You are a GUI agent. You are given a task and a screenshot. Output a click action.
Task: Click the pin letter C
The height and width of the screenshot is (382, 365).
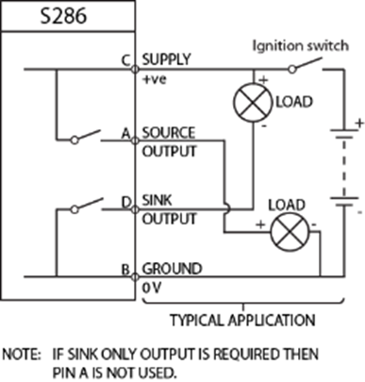coord(126,61)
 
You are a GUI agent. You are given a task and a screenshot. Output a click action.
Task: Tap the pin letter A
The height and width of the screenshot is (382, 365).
coord(126,135)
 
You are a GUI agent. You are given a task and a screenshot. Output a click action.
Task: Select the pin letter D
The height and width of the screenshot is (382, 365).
coord(126,201)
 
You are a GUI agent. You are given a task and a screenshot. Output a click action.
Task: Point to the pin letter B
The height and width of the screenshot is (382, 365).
coord(126,270)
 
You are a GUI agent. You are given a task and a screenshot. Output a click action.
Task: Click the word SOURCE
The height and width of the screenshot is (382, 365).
coord(168,134)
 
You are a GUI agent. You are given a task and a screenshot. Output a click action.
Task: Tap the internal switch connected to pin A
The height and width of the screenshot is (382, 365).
coord(87,138)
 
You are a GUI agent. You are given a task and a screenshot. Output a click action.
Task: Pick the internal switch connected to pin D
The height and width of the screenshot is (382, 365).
coord(87,204)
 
